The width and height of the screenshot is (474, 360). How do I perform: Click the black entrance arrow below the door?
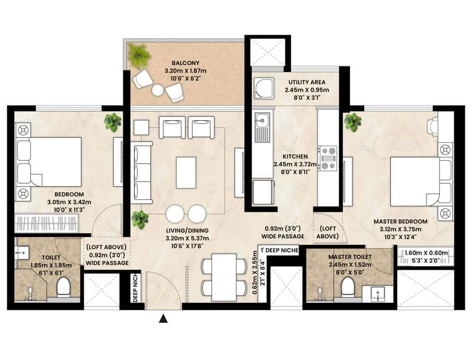click(164, 318)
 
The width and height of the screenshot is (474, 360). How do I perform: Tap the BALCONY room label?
click(185, 63)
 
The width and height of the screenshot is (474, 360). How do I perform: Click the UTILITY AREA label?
click(307, 82)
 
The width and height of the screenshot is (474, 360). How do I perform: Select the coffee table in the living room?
click(186, 172)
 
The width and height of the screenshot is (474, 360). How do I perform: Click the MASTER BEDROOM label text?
click(400, 221)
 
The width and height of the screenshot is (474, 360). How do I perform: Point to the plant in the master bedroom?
click(353, 122)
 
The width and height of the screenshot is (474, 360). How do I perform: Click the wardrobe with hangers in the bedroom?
click(46, 223)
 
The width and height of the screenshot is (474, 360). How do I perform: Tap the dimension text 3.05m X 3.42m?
click(69, 202)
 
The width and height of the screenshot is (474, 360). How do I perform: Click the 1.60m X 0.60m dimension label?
click(426, 253)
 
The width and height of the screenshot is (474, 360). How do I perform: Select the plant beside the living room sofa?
click(140, 219)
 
